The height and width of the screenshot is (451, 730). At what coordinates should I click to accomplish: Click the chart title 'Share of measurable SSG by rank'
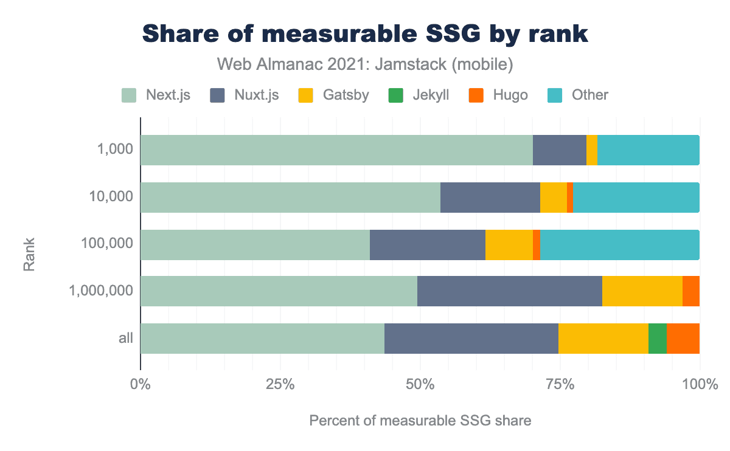click(365, 35)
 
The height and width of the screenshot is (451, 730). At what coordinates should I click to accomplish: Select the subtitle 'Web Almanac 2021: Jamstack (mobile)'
click(365, 63)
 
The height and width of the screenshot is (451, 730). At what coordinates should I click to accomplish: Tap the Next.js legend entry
click(156, 95)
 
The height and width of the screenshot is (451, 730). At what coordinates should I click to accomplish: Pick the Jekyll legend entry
click(418, 95)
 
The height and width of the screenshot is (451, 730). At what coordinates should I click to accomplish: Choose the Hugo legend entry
click(498, 95)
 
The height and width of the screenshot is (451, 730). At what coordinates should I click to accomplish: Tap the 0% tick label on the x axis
click(141, 385)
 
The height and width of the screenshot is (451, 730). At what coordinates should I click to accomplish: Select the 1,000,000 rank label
click(102, 291)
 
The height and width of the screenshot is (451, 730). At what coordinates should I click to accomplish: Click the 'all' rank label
click(126, 338)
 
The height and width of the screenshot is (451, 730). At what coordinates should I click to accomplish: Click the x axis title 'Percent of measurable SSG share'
click(420, 421)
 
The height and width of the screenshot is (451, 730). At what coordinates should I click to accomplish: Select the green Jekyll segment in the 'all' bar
click(658, 338)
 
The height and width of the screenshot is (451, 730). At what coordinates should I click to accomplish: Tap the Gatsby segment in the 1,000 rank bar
click(591, 150)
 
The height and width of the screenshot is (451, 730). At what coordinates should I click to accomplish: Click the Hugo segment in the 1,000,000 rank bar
click(691, 291)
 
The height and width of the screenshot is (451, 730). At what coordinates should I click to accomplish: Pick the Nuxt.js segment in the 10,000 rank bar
click(490, 197)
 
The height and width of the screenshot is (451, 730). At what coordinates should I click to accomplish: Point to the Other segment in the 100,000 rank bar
click(619, 244)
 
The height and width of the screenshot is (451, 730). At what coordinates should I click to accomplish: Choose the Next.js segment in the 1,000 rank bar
click(336, 150)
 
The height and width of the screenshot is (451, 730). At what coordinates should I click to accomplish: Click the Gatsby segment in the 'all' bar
click(603, 338)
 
